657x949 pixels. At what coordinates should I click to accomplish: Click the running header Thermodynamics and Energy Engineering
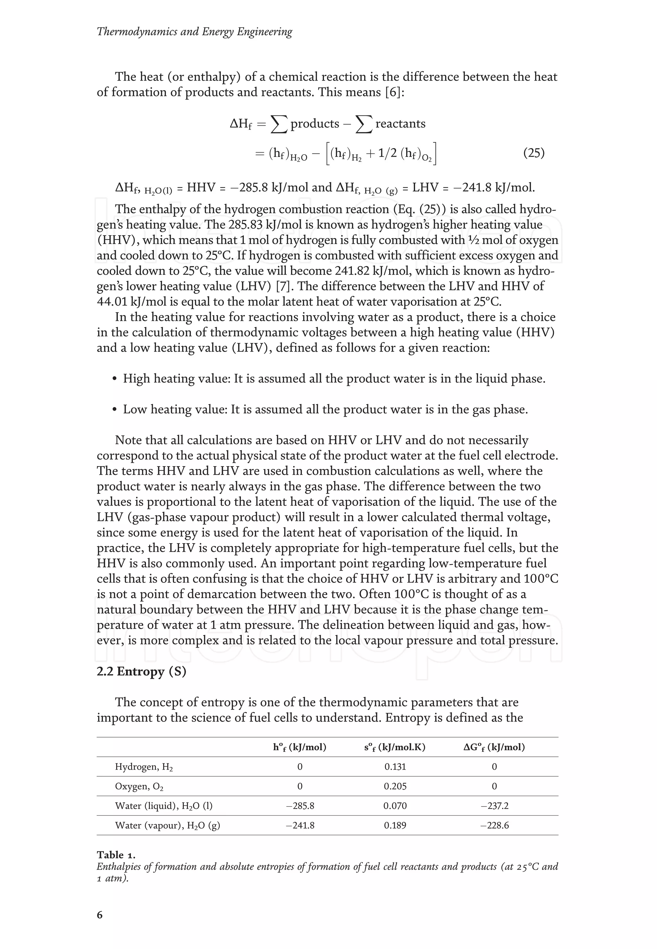pos(194,32)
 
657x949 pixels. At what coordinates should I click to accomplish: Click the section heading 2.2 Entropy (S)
pos(141,671)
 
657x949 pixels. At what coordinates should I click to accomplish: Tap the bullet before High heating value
pos(115,379)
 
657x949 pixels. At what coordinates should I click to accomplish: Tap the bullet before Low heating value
pos(115,410)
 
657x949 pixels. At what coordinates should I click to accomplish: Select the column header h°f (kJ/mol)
pos(299,747)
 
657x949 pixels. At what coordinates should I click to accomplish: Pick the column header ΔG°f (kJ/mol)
pos(494,747)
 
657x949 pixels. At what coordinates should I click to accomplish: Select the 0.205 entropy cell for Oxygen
pos(395,786)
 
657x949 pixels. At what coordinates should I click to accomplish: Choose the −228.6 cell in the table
pos(494,825)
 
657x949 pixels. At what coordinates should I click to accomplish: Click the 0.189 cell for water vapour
pos(395,825)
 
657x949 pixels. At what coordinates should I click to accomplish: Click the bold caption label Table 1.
pos(116,855)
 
